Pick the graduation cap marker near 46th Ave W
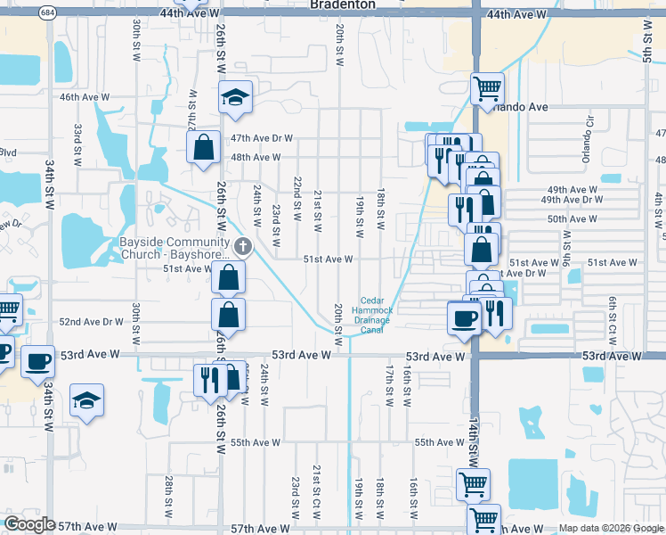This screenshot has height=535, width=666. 236,98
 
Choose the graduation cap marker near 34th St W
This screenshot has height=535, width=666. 86,400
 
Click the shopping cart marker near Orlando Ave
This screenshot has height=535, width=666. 487,89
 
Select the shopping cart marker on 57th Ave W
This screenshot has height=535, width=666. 483,519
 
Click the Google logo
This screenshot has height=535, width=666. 29,524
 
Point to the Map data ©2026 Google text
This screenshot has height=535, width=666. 610,528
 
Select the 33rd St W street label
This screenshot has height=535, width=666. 78,141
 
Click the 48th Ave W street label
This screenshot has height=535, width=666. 256,158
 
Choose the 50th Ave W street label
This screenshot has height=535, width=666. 572,218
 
